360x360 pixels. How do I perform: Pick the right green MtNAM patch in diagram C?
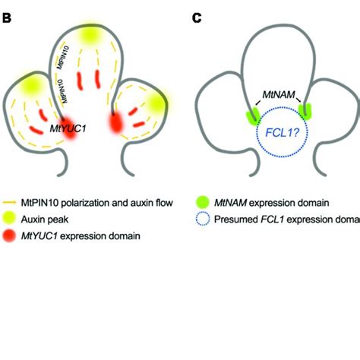(305, 112)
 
